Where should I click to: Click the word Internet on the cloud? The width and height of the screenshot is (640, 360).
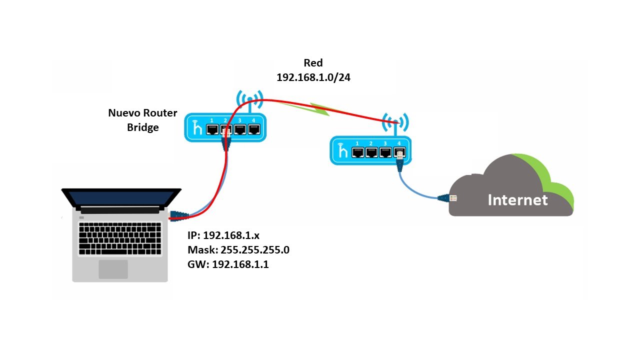click(517, 200)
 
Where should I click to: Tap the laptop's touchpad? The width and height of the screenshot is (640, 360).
click(112, 268)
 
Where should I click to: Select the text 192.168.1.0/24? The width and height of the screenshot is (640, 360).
click(313, 77)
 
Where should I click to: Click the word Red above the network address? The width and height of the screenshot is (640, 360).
click(313, 63)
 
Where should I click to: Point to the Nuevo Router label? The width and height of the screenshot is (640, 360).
click(142, 113)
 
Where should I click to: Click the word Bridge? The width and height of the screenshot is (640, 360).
click(142, 127)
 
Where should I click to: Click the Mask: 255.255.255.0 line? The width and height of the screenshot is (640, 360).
click(238, 250)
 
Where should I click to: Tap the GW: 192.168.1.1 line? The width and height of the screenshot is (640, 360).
click(228, 264)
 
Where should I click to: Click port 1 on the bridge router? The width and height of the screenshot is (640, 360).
click(212, 129)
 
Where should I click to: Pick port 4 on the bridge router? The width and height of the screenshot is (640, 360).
click(254, 129)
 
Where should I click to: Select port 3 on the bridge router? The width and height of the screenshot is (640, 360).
click(240, 129)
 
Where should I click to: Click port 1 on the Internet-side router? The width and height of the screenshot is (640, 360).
click(357, 152)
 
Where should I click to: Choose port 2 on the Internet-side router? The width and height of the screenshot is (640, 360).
click(371, 152)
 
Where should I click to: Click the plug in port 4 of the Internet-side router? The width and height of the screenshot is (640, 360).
click(399, 155)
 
